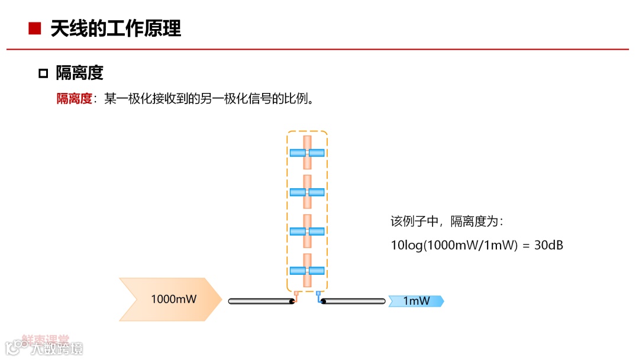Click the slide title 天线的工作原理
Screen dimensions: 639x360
[115, 28]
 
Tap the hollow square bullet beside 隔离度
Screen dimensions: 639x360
[43, 73]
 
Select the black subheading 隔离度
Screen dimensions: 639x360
[79, 73]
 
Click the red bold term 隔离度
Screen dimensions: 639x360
[74, 99]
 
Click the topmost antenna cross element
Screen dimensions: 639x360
[307, 153]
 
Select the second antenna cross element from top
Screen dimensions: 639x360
[307, 192]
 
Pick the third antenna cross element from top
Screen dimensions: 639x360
[307, 231]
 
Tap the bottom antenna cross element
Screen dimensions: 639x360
[307, 271]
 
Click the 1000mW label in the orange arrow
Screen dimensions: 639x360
[173, 299]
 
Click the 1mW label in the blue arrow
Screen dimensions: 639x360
[417, 301]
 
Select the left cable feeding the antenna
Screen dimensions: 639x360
[261, 301]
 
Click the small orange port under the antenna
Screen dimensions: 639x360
[296, 292]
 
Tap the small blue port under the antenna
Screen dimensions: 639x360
[318, 292]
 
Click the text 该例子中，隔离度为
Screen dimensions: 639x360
[446, 222]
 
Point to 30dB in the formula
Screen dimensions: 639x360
[548, 245]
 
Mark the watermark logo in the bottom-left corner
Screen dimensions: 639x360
[44, 345]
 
